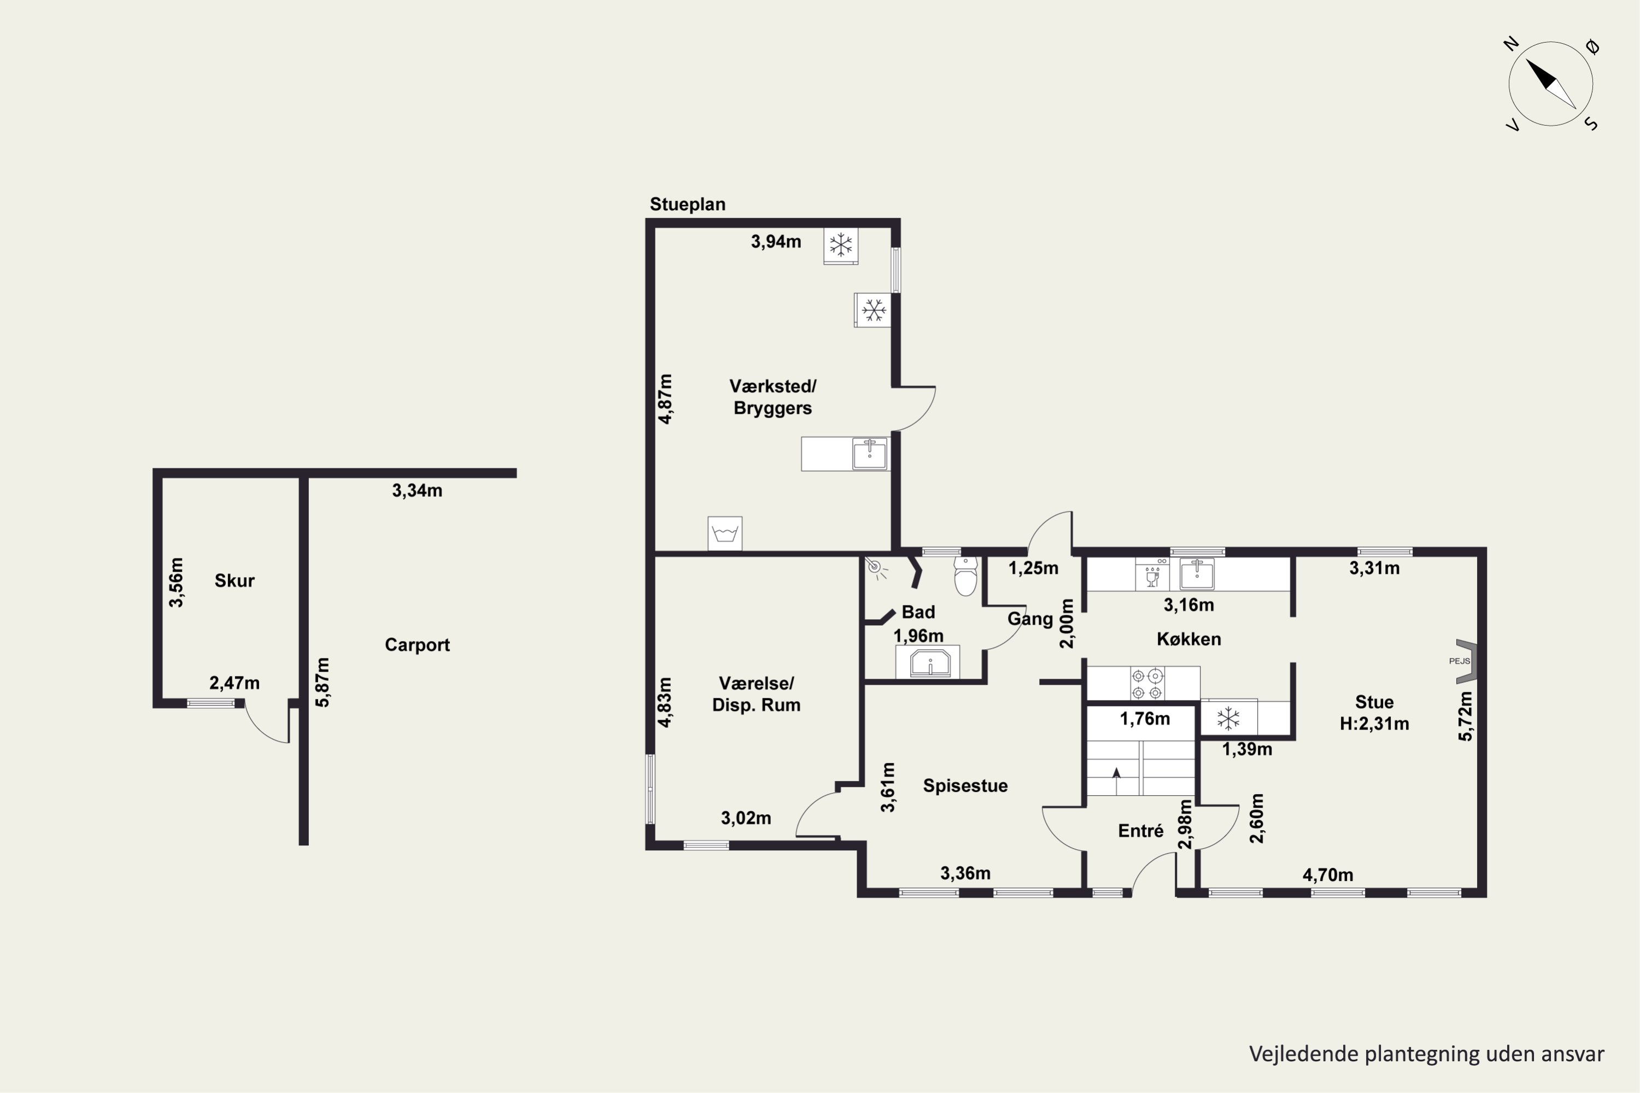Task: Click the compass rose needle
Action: [1551, 84]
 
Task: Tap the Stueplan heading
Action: [688, 204]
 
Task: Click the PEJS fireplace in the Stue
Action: [1466, 661]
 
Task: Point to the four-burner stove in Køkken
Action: [1147, 684]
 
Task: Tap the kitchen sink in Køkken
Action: [1197, 574]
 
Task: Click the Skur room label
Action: [235, 580]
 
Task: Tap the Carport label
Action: [417, 645]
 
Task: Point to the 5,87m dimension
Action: [322, 683]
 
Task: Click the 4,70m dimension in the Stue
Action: [1328, 875]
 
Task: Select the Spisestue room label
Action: [965, 786]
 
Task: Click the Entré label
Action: [1141, 830]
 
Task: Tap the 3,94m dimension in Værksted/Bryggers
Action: [776, 242]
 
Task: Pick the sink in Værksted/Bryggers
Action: [870, 454]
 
